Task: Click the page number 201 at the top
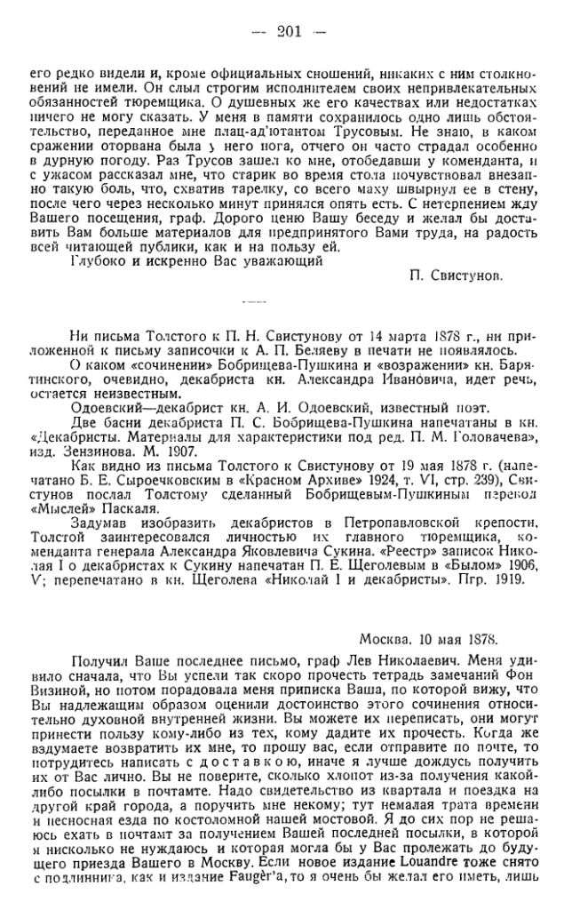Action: tap(290, 32)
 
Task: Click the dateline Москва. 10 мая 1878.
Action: tap(428, 639)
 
